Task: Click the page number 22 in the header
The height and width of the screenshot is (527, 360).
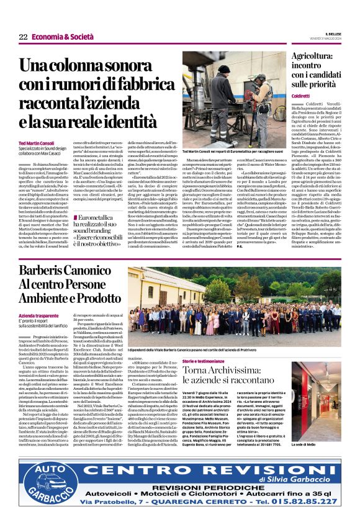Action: click(23, 37)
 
